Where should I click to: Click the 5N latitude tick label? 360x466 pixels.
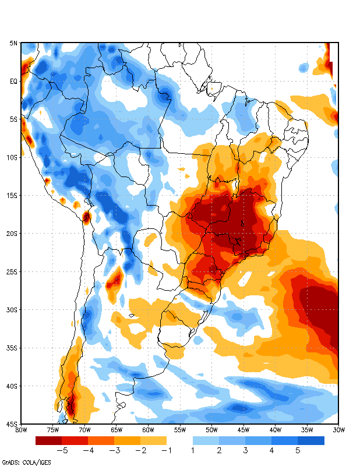click(x=13, y=43)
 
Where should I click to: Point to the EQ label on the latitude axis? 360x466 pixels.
click(x=13, y=82)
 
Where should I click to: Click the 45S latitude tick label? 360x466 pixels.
click(x=12, y=423)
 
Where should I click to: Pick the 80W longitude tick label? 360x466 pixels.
click(x=21, y=430)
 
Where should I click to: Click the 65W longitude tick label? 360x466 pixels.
click(x=116, y=430)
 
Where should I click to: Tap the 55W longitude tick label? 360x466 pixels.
click(x=179, y=430)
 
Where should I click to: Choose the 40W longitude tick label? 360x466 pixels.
click(x=275, y=430)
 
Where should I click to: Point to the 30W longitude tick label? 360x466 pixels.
click(x=338, y=430)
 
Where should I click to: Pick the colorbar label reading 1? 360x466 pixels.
click(x=193, y=450)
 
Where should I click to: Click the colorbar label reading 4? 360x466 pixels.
click(x=271, y=450)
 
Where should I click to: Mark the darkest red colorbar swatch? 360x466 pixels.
click(x=48, y=441)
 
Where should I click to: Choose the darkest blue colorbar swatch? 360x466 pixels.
click(x=311, y=441)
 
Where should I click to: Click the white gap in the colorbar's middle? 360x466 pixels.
click(x=179, y=441)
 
